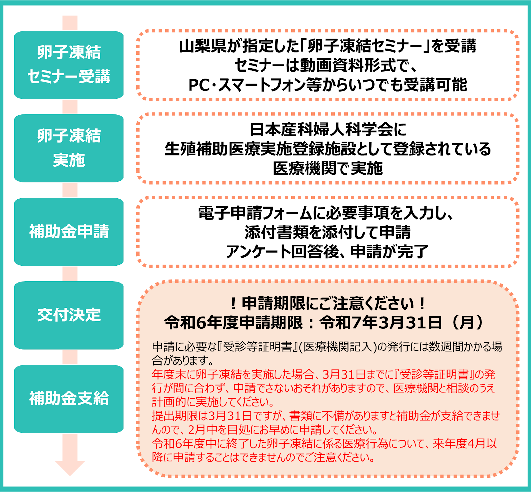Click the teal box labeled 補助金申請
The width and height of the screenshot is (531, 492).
pos(69,232)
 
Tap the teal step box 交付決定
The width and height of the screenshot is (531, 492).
pos(69,315)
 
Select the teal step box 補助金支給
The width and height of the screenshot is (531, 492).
pos(69,399)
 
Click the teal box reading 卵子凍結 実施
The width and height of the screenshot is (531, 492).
pos(69,148)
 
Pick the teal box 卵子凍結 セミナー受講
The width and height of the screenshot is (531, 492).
pos(69,65)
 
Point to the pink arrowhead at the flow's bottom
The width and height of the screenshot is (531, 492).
pos(70,468)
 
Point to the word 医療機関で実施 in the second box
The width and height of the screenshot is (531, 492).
pos(328,168)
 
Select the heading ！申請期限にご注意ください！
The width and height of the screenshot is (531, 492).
pos(328,303)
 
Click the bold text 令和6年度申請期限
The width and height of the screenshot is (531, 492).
pos(233,322)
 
